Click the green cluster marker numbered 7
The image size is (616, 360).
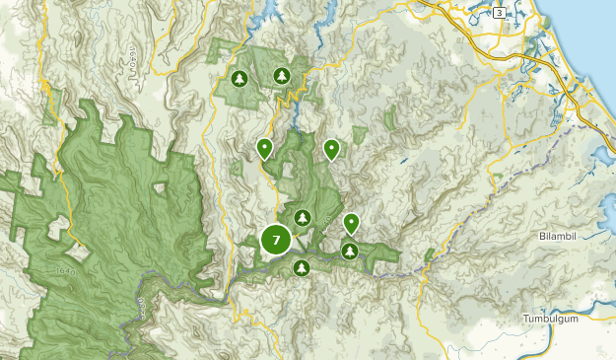pos(276,239)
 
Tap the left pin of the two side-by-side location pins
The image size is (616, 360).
pos(264,148)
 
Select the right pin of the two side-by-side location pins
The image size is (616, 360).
pos(332,148)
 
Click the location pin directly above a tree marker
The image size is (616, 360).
pos(351,224)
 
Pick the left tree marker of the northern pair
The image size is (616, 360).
pos(239,77)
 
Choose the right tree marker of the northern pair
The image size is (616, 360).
pos(282,75)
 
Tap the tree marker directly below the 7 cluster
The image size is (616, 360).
pos(302,267)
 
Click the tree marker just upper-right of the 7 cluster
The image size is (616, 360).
pos(303,217)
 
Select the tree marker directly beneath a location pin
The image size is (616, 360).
pos(349,252)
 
